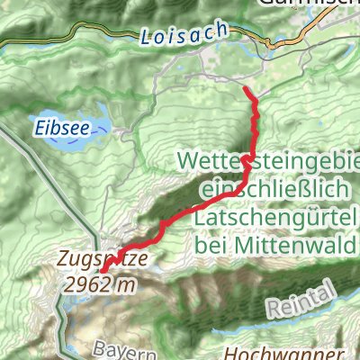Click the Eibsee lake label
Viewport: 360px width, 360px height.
click(x=62, y=129)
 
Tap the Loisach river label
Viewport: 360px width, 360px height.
click(x=170, y=37)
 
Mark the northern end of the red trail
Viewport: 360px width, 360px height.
click(x=246, y=88)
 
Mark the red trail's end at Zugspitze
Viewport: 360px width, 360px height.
click(x=103, y=270)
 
